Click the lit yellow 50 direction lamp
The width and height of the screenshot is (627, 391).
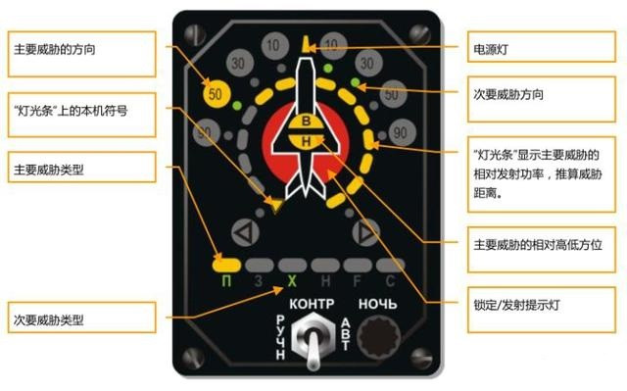217,95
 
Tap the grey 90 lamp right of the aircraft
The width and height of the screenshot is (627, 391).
400,131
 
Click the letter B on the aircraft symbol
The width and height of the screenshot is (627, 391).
306,122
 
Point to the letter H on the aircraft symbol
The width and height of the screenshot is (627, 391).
306,142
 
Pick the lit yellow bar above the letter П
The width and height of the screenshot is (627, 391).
226,263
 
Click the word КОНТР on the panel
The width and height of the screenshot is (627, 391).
313,304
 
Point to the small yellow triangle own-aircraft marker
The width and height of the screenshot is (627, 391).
278,206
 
